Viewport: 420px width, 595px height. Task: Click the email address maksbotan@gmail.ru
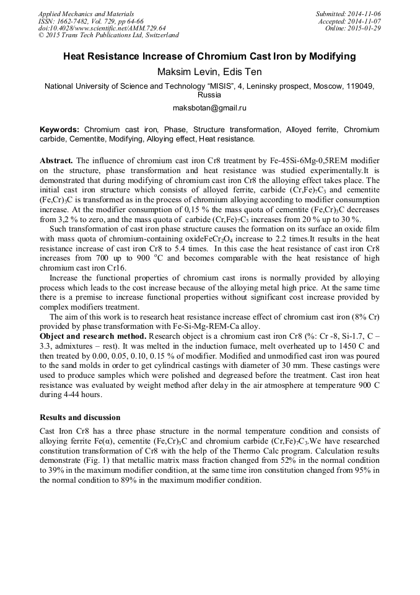point(209,108)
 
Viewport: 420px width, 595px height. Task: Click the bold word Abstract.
point(56,160)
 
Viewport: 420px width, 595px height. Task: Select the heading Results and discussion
point(79,417)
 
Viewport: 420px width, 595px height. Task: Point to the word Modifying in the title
point(331,56)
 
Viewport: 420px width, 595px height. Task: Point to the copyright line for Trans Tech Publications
point(108,36)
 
